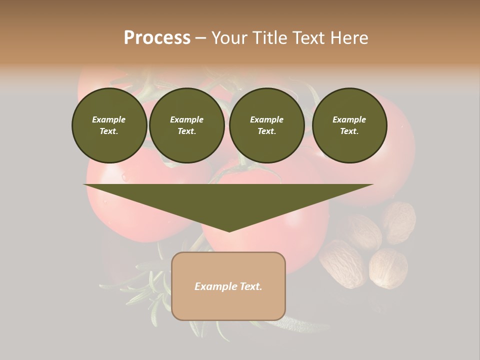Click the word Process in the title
[157, 38]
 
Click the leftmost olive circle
[109, 125]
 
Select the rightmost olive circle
[349, 125]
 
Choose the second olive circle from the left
[186, 125]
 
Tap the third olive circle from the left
[266, 125]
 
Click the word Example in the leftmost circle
[109, 119]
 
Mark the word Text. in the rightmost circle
[349, 131]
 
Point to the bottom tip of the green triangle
[229, 231]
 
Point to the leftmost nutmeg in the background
[342, 262]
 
